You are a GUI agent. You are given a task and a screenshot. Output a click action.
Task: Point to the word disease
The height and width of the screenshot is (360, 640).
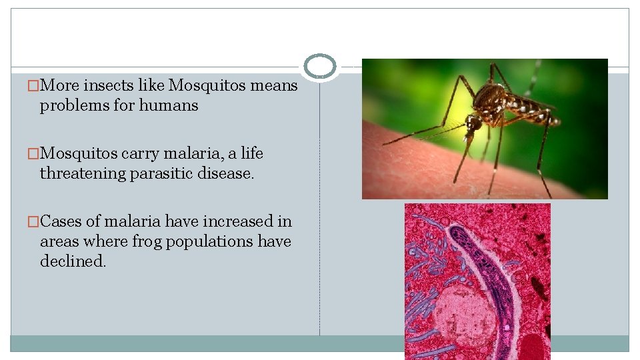[230, 173]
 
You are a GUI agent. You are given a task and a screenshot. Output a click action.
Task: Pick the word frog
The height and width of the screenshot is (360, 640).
[129, 241]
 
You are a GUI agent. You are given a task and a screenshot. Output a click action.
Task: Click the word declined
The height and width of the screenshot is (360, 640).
[73, 261]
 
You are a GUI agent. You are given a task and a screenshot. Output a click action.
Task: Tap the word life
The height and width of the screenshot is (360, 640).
[252, 153]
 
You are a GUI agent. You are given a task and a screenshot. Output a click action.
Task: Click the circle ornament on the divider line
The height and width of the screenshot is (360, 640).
[320, 67]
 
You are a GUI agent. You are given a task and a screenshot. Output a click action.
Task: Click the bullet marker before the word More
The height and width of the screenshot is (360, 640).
[33, 86]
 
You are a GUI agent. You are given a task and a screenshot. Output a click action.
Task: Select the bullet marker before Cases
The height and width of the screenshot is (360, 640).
[33, 221]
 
